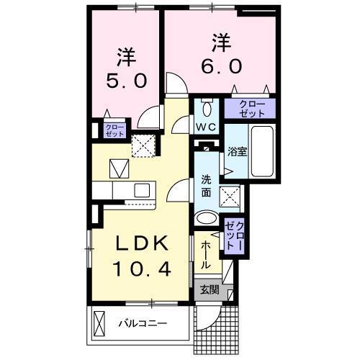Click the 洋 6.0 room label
222,54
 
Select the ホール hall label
205,253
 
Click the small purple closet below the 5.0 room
114,130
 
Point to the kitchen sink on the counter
141,191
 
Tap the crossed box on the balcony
101,322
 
